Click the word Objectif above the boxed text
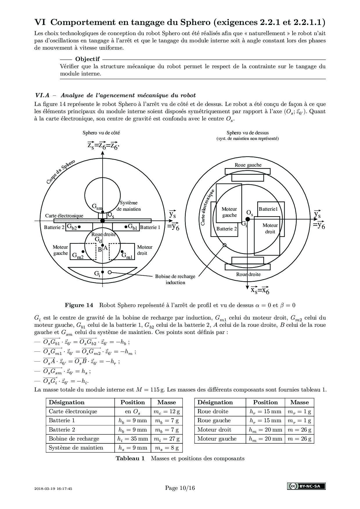tap(87, 59)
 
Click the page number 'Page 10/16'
tap(180, 488)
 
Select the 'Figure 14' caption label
tap(79, 305)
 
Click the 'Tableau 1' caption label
tap(130, 458)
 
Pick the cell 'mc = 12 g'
tap(167, 411)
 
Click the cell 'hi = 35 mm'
tap(133, 438)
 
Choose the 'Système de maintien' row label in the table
tap(76, 447)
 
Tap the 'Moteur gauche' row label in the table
tap(217, 438)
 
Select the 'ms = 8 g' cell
tap(167, 447)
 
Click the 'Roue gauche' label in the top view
tap(248, 165)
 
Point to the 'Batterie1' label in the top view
tap(268, 209)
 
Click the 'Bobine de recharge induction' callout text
tap(175, 279)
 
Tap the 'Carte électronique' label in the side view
tap(64, 216)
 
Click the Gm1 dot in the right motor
tap(122, 252)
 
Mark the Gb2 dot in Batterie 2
tap(79, 227)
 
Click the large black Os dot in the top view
tap(247, 219)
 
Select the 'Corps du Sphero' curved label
tap(61, 172)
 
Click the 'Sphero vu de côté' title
tap(101, 133)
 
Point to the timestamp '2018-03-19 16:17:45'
tap(53, 488)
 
